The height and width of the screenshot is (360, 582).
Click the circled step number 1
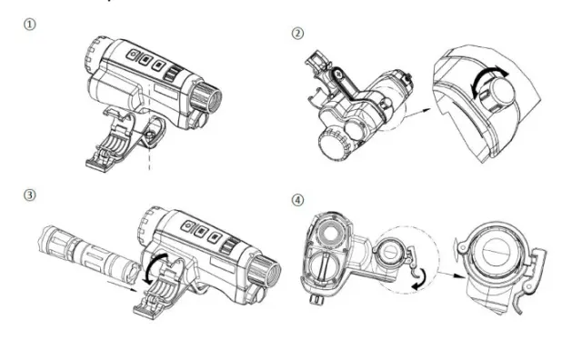(30, 25)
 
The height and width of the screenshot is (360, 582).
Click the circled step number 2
(297, 34)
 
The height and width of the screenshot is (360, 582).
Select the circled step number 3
(30, 195)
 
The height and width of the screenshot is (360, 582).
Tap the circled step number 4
(297, 200)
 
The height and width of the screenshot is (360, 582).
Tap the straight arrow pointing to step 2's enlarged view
(416, 113)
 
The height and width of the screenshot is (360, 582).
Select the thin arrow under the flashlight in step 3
(122, 285)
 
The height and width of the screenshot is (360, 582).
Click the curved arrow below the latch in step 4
(420, 279)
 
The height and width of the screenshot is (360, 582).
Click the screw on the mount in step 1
(149, 135)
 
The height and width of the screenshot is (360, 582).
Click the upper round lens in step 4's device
(331, 235)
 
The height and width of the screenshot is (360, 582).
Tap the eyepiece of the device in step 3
(265, 275)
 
